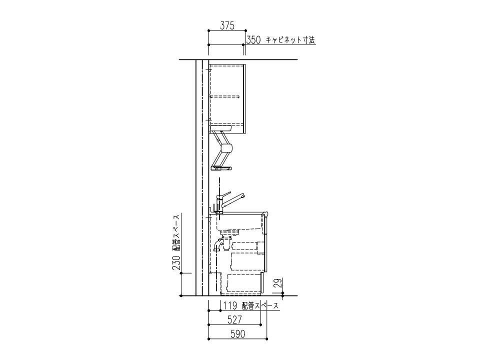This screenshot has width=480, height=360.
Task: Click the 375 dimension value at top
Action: (x=227, y=26)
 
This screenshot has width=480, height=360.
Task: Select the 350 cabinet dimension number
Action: (x=254, y=40)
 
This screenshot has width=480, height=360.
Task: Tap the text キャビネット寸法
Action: (x=290, y=40)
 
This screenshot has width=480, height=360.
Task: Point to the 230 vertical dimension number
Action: (x=176, y=262)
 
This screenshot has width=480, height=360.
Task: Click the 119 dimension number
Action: (x=230, y=305)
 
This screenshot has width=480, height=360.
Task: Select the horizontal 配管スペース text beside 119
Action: (x=260, y=305)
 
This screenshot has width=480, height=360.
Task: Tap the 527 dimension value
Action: (x=234, y=319)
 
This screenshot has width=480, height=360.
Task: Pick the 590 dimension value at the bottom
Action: (x=237, y=334)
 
